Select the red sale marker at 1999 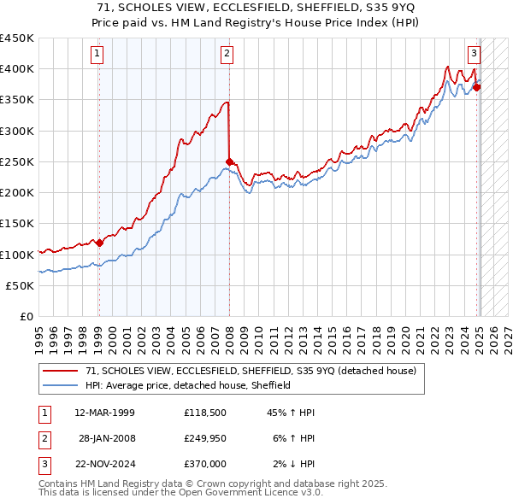click(x=99, y=243)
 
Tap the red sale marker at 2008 click(x=229, y=161)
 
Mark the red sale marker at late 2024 click(x=476, y=86)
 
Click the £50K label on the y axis click(x=21, y=285)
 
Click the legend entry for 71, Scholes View click(x=251, y=371)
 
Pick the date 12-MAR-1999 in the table click(x=104, y=413)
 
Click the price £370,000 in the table click(x=204, y=464)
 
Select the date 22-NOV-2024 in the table click(x=104, y=464)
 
